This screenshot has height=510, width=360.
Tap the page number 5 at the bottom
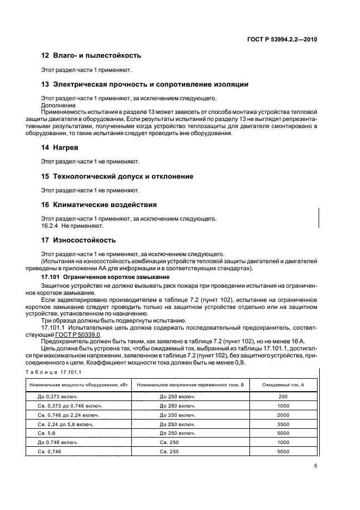(316, 466)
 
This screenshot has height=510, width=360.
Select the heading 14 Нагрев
(60, 148)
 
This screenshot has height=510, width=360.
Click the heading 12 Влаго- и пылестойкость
(91, 56)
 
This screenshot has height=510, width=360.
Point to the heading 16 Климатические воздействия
(99, 205)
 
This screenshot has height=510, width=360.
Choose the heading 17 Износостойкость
(78, 240)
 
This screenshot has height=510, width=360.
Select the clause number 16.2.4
(51, 225)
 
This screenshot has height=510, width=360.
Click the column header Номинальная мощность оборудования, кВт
(77, 385)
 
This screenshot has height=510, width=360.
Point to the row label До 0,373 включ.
(58, 397)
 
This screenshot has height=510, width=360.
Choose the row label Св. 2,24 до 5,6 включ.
(65, 423)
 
